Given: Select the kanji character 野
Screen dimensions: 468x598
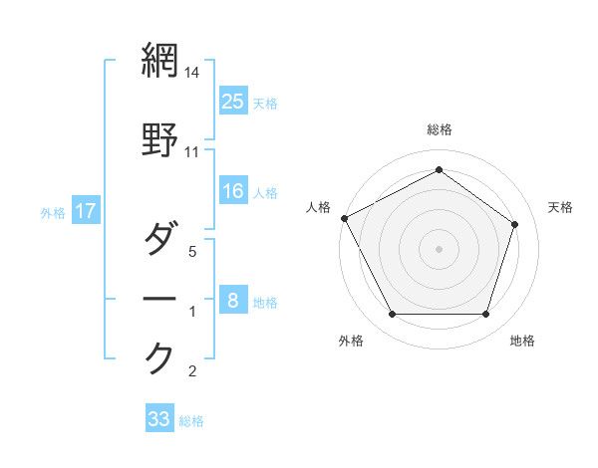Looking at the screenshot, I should [x=159, y=139].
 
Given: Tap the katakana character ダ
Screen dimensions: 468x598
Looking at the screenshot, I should [x=159, y=239].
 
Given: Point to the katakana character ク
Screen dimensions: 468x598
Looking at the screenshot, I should [x=159, y=356].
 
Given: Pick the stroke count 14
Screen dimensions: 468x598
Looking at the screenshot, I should [x=192, y=74].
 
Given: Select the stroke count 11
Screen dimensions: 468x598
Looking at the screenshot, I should [x=192, y=151].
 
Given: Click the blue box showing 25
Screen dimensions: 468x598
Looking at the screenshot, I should [x=233, y=101].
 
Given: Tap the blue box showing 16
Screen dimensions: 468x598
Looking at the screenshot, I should [x=233, y=192].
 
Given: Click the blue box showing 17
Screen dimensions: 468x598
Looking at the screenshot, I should [x=85, y=212].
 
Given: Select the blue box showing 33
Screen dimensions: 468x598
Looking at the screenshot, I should [x=159, y=419].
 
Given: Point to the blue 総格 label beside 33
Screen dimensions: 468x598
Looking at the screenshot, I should [x=191, y=421].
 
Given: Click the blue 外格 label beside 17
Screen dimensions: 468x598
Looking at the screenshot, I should [x=53, y=213].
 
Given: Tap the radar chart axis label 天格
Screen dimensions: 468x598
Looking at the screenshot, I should [x=560, y=207].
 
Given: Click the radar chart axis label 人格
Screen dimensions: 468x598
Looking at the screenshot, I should [x=319, y=207].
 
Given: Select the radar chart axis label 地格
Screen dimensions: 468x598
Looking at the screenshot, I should [x=522, y=341].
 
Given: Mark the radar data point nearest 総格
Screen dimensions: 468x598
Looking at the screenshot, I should [x=439, y=170].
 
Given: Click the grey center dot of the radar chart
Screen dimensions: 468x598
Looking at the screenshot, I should [x=439, y=248].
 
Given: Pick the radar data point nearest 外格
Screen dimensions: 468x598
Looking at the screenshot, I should [x=393, y=315].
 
